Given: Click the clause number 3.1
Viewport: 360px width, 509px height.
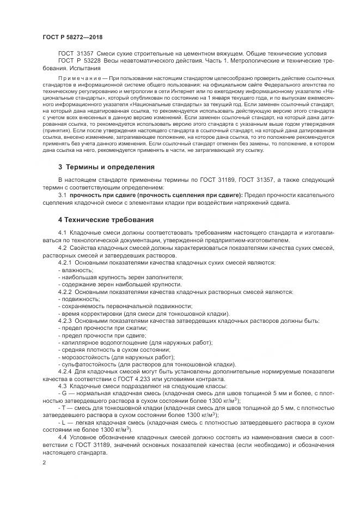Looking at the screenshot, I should [62, 194].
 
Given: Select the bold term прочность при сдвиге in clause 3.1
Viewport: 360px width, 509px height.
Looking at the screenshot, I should [103, 194].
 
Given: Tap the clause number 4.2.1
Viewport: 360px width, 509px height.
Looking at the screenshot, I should [66, 262].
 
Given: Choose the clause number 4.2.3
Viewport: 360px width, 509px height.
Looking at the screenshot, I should [66, 321].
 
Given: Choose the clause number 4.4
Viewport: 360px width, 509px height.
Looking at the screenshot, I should [62, 437].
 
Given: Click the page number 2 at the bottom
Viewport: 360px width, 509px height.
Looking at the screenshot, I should [44, 461].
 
